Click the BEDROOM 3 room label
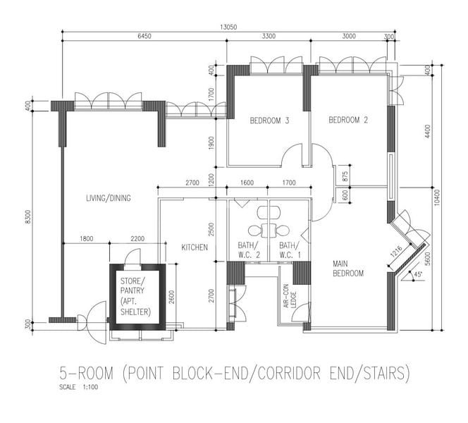(270, 121)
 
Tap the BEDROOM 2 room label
(348, 121)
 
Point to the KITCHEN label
(194, 247)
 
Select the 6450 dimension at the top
(144, 36)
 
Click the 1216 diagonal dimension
(396, 250)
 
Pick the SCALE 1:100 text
(79, 388)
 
